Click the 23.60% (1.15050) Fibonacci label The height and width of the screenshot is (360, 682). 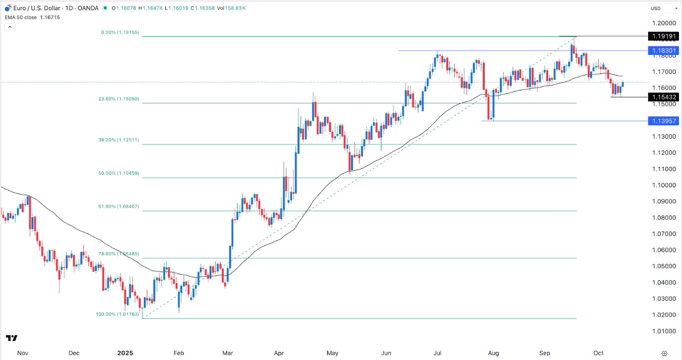tap(118, 99)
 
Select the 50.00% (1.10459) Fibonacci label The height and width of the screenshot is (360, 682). tap(118, 174)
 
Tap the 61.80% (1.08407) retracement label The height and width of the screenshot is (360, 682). tap(118, 207)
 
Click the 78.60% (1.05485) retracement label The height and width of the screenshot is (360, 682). tap(118, 254)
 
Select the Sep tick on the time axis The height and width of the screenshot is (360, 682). tap(545, 353)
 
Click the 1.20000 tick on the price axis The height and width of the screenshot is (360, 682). tap(664, 23)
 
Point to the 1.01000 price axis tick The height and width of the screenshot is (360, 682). tap(664, 331)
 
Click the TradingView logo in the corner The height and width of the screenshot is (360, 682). tap(12, 338)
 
